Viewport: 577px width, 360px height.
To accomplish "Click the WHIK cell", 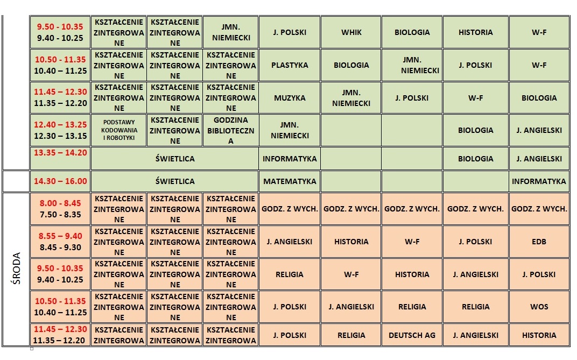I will (x=351, y=32).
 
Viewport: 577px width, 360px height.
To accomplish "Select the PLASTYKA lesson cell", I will (x=290, y=65).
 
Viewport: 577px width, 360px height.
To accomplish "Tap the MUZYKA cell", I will (x=290, y=98).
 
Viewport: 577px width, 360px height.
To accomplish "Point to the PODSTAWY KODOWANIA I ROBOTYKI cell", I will (x=119, y=130).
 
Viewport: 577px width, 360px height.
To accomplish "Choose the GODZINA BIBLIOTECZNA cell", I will (x=231, y=130).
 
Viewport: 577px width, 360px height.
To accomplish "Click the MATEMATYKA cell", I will (x=290, y=181).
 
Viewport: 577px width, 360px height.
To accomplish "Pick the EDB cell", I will (x=539, y=242).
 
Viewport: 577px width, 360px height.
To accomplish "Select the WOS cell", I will (x=539, y=307).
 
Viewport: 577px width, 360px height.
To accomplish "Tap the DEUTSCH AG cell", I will (x=412, y=335).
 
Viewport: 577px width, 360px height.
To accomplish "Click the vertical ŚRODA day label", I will (x=16, y=269).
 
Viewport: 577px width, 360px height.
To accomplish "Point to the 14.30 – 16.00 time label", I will (x=60, y=181).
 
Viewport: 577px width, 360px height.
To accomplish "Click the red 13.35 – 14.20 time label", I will (x=60, y=153).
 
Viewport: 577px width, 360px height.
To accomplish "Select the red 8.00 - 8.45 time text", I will (x=60, y=203).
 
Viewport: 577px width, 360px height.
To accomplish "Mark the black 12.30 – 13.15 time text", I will (x=60, y=136).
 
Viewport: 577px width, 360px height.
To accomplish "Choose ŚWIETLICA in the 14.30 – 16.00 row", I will (x=175, y=181).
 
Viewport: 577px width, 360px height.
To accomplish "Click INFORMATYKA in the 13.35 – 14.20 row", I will (x=290, y=159).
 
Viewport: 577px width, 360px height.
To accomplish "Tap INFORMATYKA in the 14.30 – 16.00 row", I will (x=539, y=181).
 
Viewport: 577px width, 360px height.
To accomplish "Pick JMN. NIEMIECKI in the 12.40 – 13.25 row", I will (x=290, y=130).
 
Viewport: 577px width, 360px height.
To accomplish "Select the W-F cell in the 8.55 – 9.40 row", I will (x=412, y=242).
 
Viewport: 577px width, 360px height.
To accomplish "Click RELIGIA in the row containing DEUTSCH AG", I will (x=351, y=335).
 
